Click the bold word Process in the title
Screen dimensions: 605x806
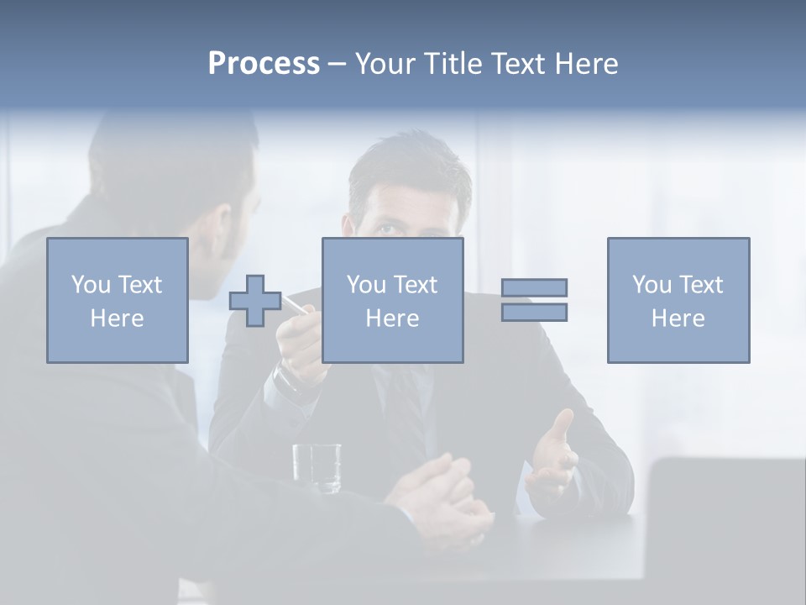click(x=264, y=64)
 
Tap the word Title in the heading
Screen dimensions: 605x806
click(x=450, y=64)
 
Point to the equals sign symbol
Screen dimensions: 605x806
click(x=534, y=300)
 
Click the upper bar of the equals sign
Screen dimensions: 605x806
click(x=534, y=287)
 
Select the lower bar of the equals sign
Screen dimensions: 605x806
click(x=534, y=313)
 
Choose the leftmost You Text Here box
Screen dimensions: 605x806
click(x=118, y=300)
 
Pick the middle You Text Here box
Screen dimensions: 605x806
click(x=393, y=300)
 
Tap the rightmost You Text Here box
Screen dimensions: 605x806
click(x=678, y=300)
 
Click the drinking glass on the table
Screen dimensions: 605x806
click(x=317, y=467)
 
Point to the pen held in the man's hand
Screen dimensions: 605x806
click(x=295, y=304)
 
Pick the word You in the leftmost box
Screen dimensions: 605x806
click(x=90, y=285)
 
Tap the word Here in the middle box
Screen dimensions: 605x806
click(x=393, y=318)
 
